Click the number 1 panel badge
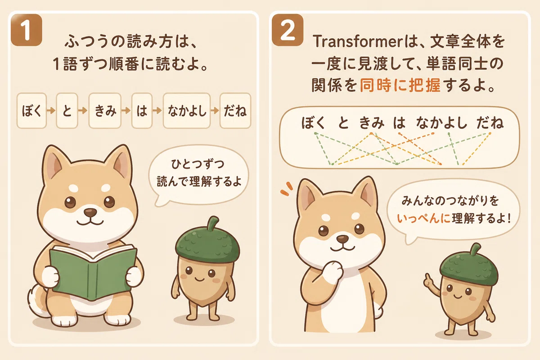tap(27, 30)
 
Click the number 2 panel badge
tap(288, 30)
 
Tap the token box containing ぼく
tap(31, 111)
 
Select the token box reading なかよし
tap(187, 111)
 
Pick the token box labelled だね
tap(235, 111)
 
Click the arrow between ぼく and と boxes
tap(51, 111)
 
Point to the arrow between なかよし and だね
tap(215, 111)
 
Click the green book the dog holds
tap(93, 272)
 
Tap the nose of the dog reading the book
tap(90, 213)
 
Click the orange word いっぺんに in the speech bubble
tap(423, 219)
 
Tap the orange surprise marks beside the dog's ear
tap(287, 189)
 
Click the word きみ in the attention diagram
tap(372, 123)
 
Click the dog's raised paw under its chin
tap(333, 271)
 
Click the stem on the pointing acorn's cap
tap(475, 250)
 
